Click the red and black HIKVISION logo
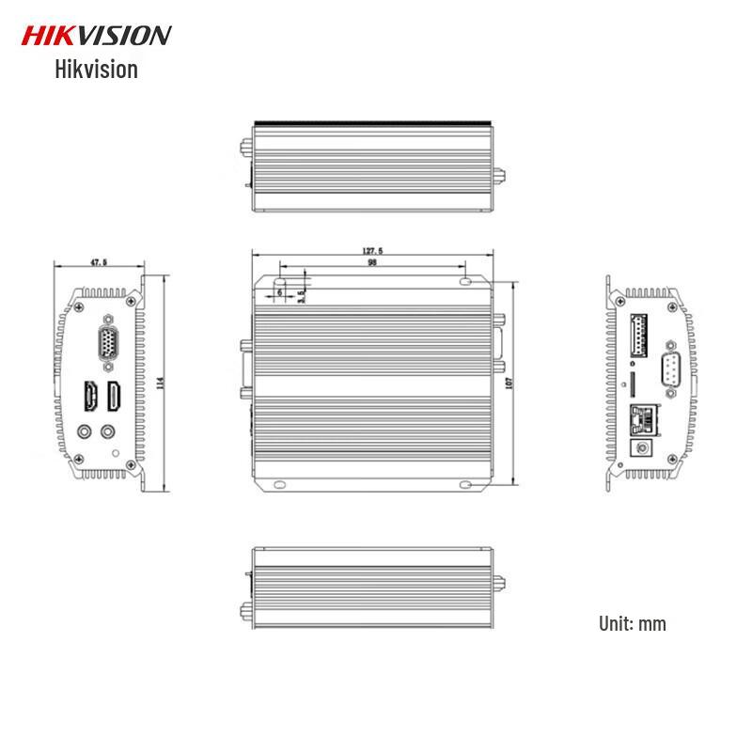[x=96, y=36]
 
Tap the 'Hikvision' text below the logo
[x=96, y=69]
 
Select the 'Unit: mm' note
[x=632, y=623]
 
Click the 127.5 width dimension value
[x=372, y=251]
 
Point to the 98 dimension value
[x=372, y=264]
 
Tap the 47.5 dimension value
[x=99, y=263]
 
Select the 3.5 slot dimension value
[x=300, y=295]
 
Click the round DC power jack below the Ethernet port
[x=646, y=447]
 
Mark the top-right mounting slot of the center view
[x=466, y=281]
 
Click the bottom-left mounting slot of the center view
[x=279, y=485]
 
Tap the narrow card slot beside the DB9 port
[x=632, y=383]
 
